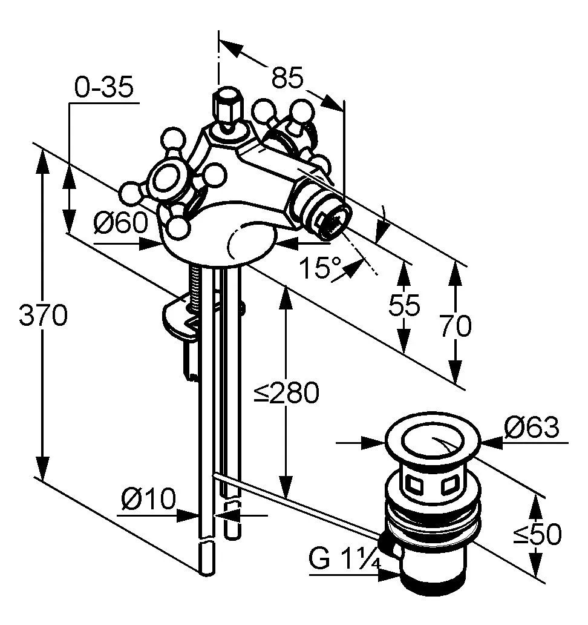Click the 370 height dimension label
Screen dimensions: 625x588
click(x=43, y=315)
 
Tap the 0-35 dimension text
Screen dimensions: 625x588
click(x=103, y=88)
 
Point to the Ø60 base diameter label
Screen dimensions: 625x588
click(x=120, y=224)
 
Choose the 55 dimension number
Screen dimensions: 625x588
click(x=404, y=306)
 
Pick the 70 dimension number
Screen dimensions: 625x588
click(x=456, y=326)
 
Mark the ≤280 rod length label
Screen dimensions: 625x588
click(x=286, y=394)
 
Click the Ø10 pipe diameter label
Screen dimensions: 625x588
click(x=148, y=500)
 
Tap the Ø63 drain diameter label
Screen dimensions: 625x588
click(x=532, y=428)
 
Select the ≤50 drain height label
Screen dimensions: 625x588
click(x=537, y=534)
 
